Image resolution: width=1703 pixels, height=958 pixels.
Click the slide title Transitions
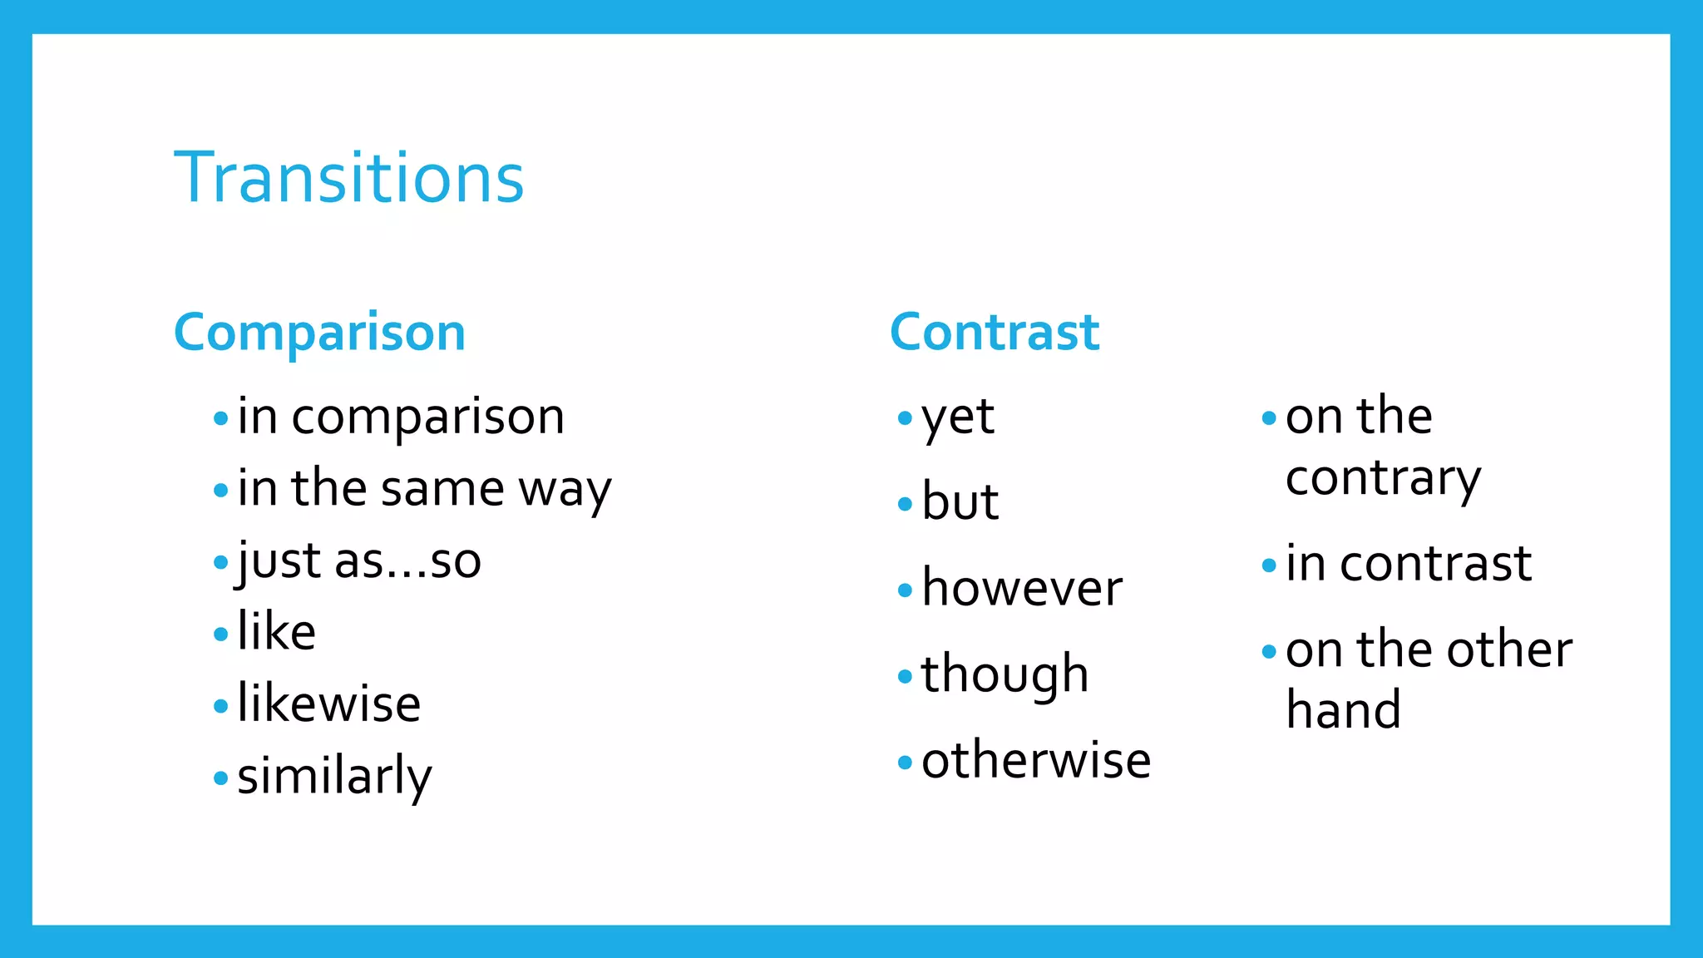click(x=349, y=178)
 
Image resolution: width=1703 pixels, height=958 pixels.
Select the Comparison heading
click(x=319, y=333)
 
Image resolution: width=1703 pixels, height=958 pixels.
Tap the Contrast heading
click(x=995, y=333)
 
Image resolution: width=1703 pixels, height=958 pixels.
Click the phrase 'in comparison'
click(x=401, y=417)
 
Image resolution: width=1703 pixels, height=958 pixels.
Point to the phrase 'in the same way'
click(x=424, y=489)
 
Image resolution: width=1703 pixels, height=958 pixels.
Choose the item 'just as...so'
click(x=359, y=561)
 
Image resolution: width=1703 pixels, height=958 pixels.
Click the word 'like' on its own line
click(x=276, y=632)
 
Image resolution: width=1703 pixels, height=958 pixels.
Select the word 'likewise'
click(x=329, y=704)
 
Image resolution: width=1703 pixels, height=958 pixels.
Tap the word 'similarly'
click(x=334, y=777)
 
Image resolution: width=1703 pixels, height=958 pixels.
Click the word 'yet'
click(x=958, y=418)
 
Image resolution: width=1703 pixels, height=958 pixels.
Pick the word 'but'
click(x=960, y=502)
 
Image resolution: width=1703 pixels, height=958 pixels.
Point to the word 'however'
click(x=1022, y=589)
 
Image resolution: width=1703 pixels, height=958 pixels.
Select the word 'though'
click(x=1005, y=674)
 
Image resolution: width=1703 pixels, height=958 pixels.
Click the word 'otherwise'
click(x=1036, y=761)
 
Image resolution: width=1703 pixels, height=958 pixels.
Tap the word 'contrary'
click(x=1384, y=479)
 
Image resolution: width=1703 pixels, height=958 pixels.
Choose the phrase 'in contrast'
click(x=1409, y=564)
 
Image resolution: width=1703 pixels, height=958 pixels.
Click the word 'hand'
click(x=1344, y=710)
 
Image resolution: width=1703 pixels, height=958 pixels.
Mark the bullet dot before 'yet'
click(x=905, y=418)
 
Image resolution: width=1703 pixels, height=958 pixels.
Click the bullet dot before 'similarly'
click(x=220, y=778)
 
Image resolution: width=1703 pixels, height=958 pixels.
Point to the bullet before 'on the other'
click(x=1269, y=651)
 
